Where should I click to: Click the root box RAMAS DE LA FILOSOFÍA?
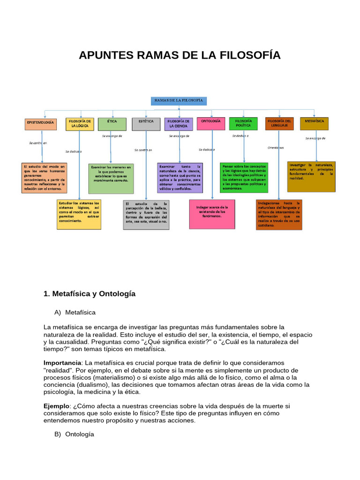point(179,101)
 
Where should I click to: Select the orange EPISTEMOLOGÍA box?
point(40,124)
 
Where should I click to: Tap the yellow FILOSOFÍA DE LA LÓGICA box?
point(80,124)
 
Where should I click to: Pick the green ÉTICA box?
point(112,124)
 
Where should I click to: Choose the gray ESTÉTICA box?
point(146,124)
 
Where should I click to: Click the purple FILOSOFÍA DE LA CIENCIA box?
point(179,124)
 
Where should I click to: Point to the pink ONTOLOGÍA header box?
point(211,124)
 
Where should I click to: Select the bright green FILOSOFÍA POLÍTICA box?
point(243,124)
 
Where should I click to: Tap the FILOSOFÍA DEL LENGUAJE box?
point(279,124)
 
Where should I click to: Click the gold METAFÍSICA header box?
point(314,124)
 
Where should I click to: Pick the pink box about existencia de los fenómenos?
point(212,214)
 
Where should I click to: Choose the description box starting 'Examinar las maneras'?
point(111,178)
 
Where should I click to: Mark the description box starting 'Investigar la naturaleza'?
point(311,177)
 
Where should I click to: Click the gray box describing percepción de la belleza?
point(146,215)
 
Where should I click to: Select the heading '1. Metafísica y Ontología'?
point(90,294)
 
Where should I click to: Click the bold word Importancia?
point(62,363)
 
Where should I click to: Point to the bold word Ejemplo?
point(56,406)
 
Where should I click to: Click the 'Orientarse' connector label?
point(276,148)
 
